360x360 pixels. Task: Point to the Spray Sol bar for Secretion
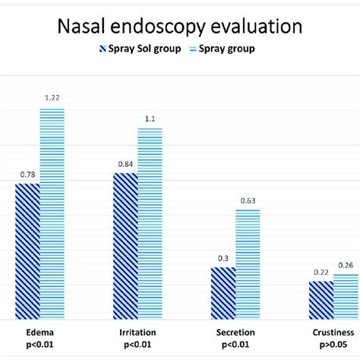(x=223, y=293)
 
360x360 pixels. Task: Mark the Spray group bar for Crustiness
(x=346, y=297)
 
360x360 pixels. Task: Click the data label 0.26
(x=346, y=266)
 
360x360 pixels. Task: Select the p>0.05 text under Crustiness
(x=332, y=346)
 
